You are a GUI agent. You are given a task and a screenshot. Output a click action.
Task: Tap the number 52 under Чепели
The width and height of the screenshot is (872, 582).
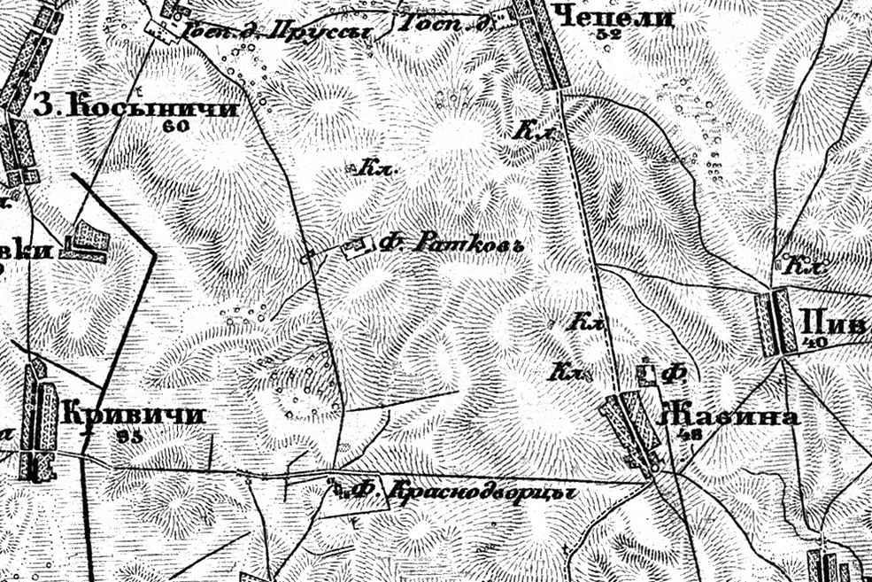[608, 35]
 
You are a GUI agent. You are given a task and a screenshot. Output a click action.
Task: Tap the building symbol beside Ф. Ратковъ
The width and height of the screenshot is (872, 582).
[357, 246]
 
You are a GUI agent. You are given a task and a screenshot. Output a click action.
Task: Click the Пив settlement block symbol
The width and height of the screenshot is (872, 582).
[776, 322]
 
